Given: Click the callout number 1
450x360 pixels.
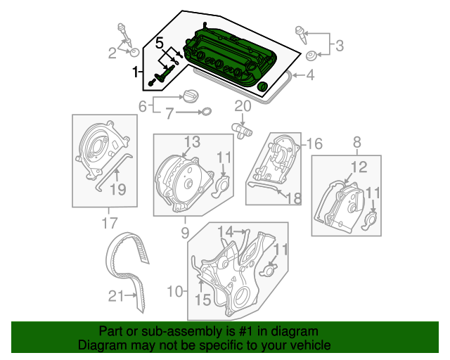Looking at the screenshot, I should coord(136,72).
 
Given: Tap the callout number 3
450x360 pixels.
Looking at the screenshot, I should coord(339,46).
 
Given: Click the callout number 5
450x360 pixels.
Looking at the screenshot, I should coord(159,41).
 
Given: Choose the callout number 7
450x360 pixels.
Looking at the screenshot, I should coord(169,112).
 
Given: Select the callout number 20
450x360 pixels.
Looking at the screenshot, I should coord(243,107).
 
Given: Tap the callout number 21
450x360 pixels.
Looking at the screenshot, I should coord(116,296).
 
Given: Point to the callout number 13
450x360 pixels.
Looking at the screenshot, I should coord(193,141).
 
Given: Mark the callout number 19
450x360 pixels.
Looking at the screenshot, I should coord(117,188).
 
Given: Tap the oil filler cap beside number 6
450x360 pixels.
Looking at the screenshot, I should coord(192,96).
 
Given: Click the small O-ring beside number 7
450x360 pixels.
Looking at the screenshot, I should coord(207,112).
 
